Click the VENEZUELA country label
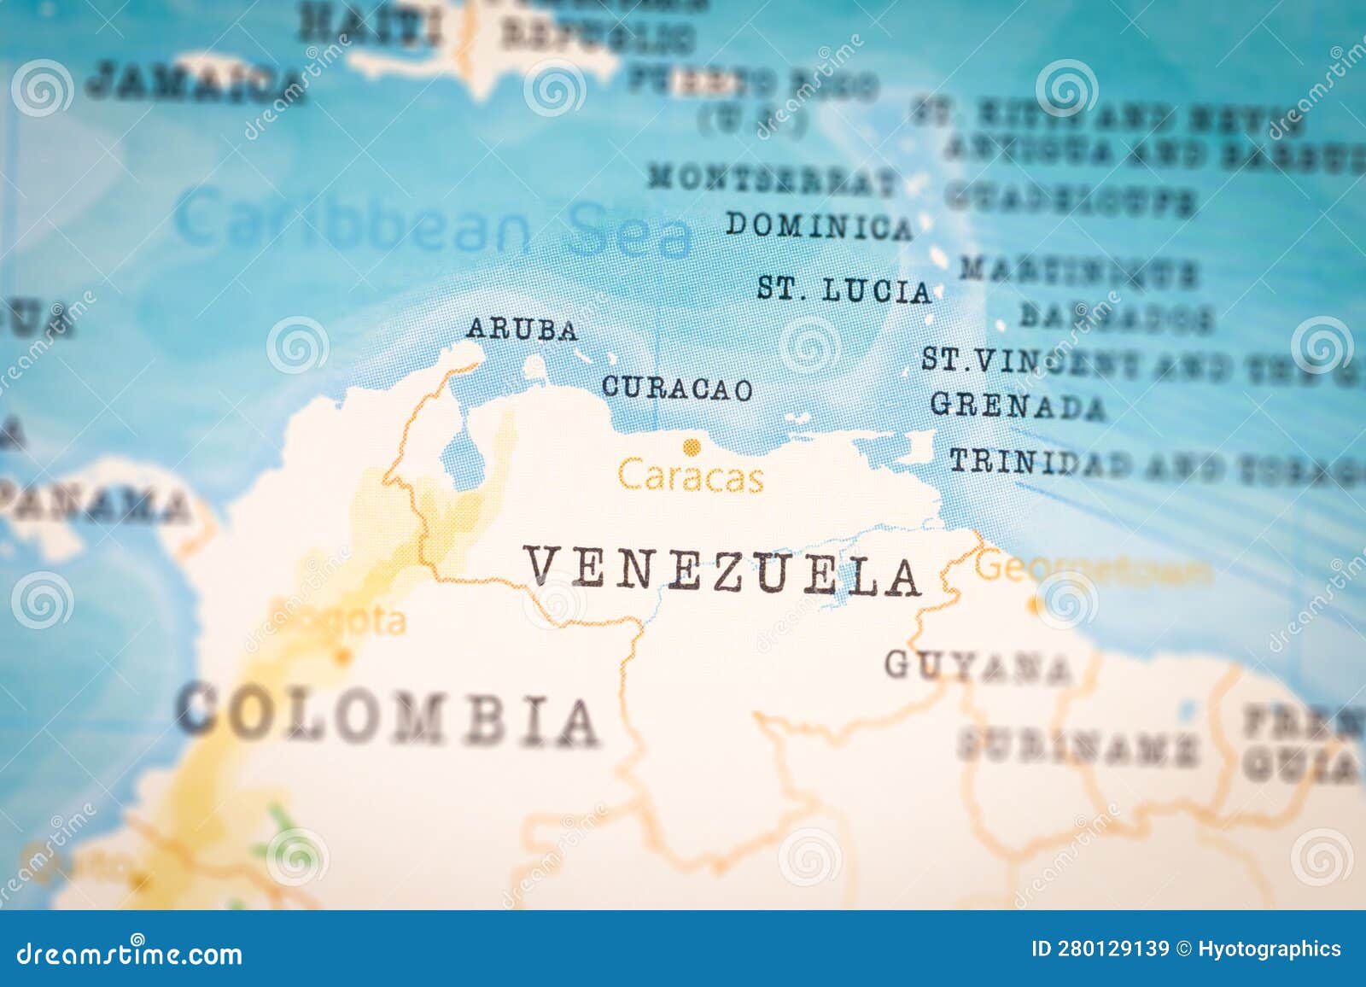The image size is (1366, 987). (x=722, y=571)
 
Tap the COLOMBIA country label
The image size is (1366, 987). (x=387, y=715)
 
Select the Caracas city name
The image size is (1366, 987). (x=690, y=476)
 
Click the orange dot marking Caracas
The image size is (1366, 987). (x=691, y=446)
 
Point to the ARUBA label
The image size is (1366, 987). (x=522, y=330)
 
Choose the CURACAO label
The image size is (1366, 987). (x=677, y=388)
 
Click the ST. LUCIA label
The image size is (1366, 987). (x=844, y=290)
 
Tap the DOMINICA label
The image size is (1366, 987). (x=818, y=225)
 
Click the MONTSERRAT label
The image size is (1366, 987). (x=772, y=180)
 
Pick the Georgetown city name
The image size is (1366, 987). (x=1093, y=569)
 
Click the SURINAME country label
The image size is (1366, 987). (x=1077, y=747)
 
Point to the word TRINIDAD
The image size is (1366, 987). (x=1040, y=463)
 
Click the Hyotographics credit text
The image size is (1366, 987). (x=1269, y=949)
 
